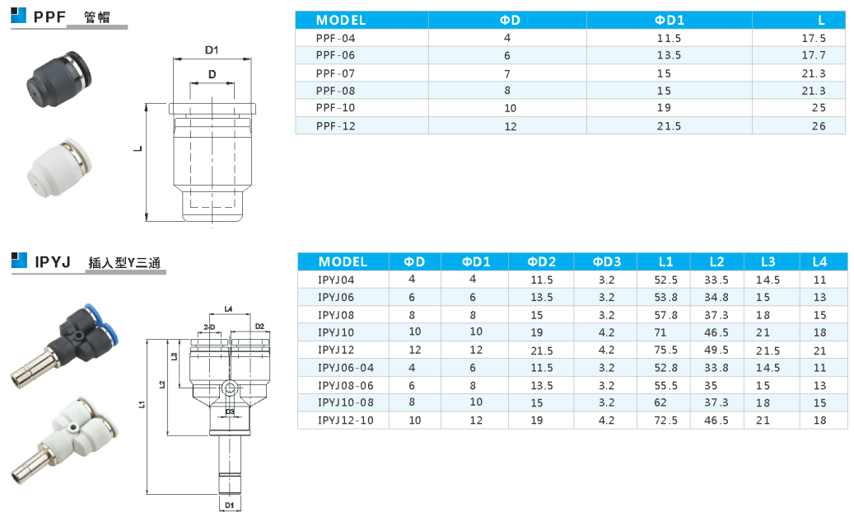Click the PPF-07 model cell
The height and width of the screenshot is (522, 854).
[x=335, y=73]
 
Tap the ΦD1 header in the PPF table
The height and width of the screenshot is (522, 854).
[x=669, y=20]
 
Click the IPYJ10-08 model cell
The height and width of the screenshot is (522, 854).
[x=345, y=402]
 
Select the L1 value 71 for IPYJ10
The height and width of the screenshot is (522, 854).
[x=660, y=332]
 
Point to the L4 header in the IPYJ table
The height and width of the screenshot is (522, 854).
[x=819, y=261]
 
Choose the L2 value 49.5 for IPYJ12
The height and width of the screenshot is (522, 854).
[x=716, y=350]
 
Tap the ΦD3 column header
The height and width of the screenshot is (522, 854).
[x=606, y=261]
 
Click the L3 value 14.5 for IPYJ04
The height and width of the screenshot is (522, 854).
[x=768, y=280]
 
